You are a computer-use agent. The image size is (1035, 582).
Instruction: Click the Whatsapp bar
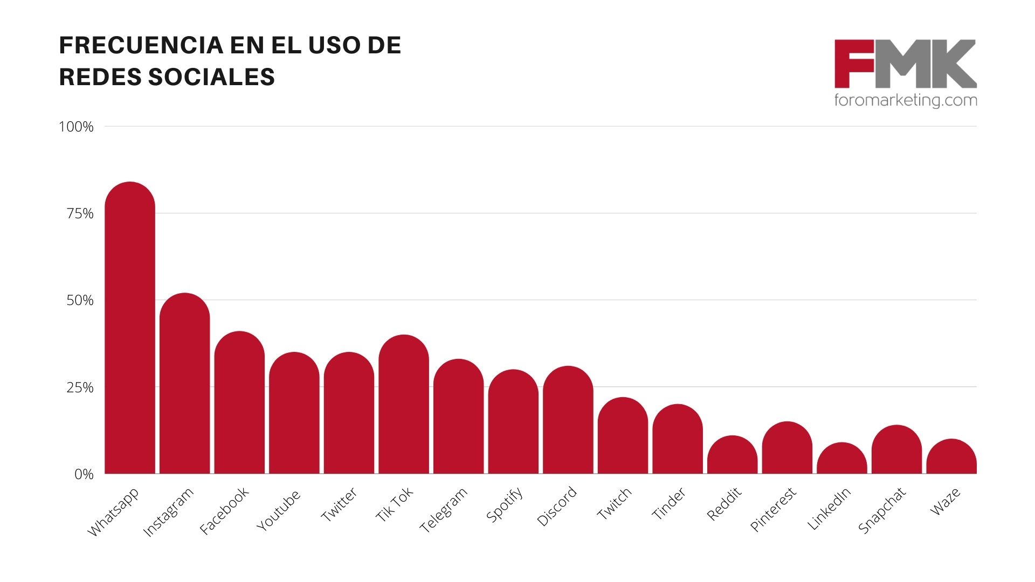[130, 329]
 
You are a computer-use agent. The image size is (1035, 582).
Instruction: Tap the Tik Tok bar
[404, 404]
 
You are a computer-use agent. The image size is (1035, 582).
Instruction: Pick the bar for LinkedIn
[841, 459]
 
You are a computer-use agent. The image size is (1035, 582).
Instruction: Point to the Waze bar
[951, 457]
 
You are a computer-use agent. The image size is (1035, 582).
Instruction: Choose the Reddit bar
[732, 455]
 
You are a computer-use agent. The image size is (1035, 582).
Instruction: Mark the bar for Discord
[568, 420]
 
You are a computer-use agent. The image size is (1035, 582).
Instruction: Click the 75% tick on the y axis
[80, 214]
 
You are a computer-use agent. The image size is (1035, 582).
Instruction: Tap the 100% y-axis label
[76, 127]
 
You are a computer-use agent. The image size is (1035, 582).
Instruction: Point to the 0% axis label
[84, 475]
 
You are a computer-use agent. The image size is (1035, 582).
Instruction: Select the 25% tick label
[80, 387]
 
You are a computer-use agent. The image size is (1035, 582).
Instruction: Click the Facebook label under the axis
[224, 510]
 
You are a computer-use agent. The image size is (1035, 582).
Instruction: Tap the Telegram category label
[444, 510]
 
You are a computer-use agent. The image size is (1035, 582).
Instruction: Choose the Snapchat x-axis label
[882, 510]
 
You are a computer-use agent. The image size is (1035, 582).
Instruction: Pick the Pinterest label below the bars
[773, 509]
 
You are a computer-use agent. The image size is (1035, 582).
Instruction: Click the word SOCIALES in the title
[211, 77]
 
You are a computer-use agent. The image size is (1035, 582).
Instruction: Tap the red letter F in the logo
[853, 64]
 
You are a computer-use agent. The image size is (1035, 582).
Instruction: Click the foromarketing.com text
[905, 100]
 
